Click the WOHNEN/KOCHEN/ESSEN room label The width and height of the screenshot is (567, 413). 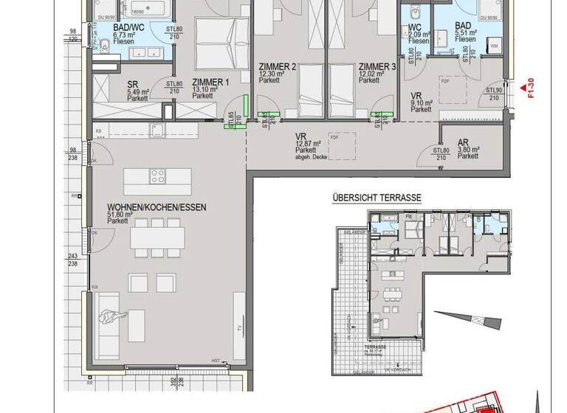pyautogui.click(x=156, y=208)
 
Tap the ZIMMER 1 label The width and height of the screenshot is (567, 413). pyautogui.click(x=211, y=82)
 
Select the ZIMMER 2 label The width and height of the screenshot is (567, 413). pyautogui.click(x=277, y=67)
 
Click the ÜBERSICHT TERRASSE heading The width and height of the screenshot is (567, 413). pyautogui.click(x=377, y=198)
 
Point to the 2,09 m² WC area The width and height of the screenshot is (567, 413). pyautogui.click(x=419, y=35)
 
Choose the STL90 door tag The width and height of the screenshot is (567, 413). pyautogui.click(x=495, y=91)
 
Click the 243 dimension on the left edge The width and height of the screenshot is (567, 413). pyautogui.click(x=73, y=256)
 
